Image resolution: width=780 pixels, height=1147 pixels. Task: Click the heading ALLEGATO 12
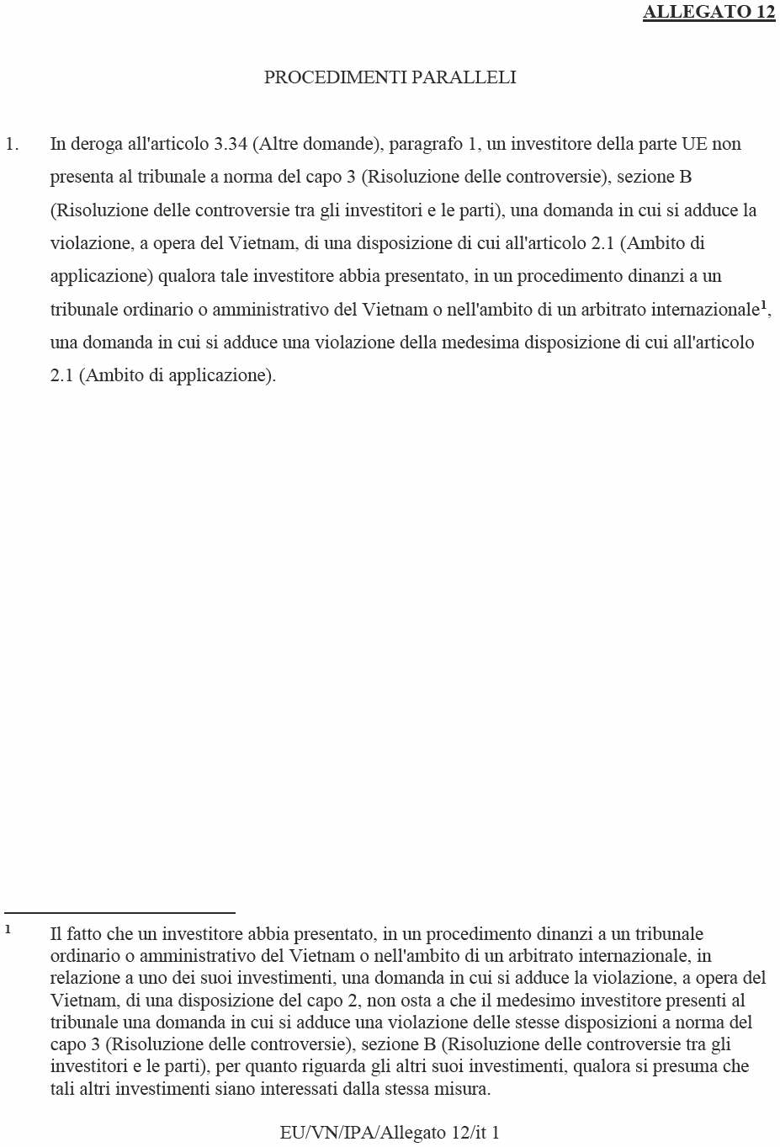click(708, 12)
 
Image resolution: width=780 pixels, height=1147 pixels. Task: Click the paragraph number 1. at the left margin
click(12, 144)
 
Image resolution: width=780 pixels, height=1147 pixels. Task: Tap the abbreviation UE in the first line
click(694, 144)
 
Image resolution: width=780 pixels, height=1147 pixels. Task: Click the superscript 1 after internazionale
click(763, 305)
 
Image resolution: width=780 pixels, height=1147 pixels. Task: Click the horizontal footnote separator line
click(119, 912)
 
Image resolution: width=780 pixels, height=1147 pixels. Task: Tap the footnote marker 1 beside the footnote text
click(8, 930)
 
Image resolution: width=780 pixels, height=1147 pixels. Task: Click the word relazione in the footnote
click(85, 978)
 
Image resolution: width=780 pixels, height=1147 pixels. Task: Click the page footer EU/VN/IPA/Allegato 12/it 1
click(390, 1133)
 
